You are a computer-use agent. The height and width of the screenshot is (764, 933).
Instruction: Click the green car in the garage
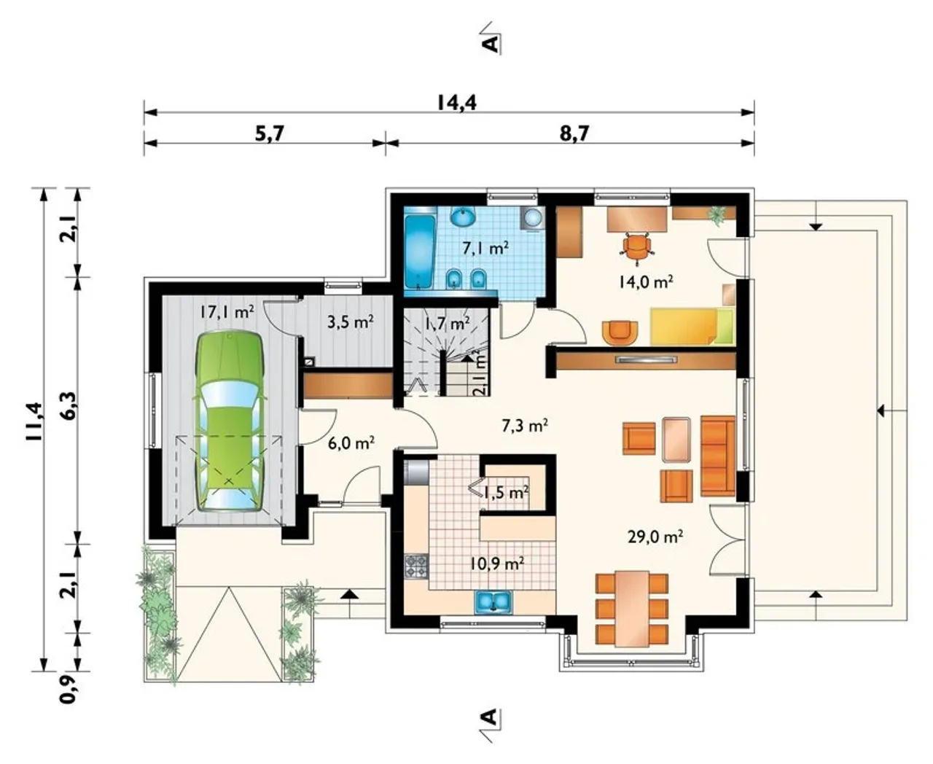(229, 422)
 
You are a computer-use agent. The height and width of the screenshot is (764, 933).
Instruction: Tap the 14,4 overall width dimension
(457, 103)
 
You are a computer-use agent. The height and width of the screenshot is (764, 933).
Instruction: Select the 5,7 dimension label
(269, 133)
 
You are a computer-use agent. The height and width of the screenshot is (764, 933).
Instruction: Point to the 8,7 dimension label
(574, 133)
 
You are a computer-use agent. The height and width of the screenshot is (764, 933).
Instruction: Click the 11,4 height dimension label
(34, 421)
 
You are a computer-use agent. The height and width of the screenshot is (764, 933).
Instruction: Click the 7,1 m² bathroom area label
(485, 248)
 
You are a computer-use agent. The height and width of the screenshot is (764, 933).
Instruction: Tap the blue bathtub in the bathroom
(420, 252)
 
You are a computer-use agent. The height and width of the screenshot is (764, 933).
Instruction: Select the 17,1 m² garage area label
(227, 312)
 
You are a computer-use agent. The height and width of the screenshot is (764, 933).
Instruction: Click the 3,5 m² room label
(351, 321)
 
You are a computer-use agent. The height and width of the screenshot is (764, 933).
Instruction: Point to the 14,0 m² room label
(646, 282)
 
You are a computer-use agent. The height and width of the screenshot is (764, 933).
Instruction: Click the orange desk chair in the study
(637, 249)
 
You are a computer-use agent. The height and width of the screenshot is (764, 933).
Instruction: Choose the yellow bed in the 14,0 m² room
(692, 327)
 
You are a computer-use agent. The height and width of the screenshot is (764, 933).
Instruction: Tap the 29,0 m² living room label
(655, 537)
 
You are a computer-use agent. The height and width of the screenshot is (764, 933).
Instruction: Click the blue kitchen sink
(493, 601)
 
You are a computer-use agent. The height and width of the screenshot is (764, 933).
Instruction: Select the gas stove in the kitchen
(416, 566)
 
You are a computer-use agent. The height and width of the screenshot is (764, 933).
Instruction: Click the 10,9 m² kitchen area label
(497, 564)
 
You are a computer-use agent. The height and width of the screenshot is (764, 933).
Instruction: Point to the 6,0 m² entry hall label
(352, 443)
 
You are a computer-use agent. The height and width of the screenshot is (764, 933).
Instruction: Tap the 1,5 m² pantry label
(507, 492)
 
